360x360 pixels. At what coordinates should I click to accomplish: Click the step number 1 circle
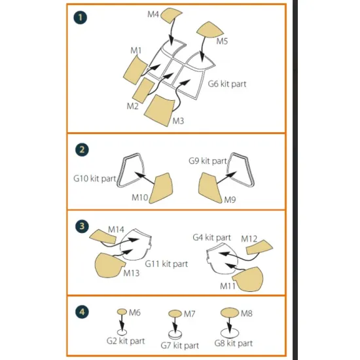click(x=81, y=18)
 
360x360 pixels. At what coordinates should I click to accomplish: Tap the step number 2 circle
click(x=81, y=149)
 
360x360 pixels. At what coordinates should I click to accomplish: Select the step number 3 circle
click(x=81, y=225)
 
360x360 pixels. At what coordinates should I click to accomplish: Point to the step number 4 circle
click(x=81, y=312)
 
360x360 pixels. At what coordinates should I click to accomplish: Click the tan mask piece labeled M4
click(x=171, y=15)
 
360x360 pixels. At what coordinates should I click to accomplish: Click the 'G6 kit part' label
click(x=227, y=84)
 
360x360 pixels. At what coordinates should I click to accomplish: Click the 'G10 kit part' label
click(x=94, y=177)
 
